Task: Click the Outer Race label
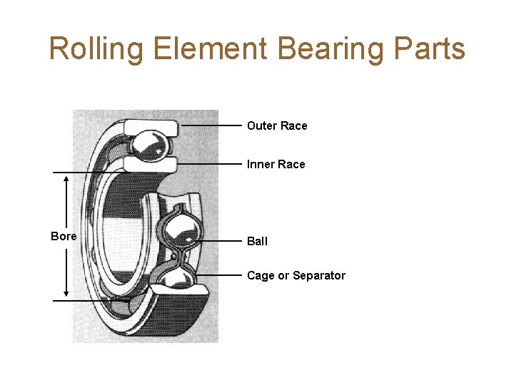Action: [277, 126]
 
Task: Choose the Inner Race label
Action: [276, 165]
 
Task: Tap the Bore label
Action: [64, 236]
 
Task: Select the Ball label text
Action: [257, 242]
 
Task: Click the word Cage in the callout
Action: [261, 276]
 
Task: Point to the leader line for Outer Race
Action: [211, 125]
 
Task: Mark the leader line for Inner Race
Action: [211, 164]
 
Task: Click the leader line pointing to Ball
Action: [221, 241]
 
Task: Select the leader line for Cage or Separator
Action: [221, 275]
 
